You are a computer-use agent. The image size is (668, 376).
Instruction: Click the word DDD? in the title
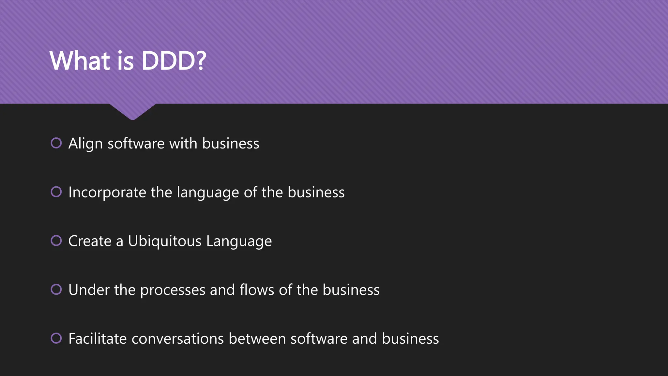click(174, 61)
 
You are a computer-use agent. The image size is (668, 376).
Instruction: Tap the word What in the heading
click(80, 61)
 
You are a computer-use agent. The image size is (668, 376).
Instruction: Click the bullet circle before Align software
click(56, 143)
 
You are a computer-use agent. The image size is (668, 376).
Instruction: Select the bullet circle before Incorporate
click(56, 192)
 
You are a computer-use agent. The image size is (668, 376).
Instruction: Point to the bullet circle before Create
click(56, 241)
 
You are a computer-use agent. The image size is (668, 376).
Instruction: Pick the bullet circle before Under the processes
click(56, 290)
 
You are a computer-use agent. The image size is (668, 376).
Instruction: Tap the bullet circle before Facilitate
click(56, 338)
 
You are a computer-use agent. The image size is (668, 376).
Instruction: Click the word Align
click(85, 144)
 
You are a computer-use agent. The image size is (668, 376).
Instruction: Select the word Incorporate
click(107, 192)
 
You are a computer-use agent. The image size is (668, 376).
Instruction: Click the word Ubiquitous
click(165, 241)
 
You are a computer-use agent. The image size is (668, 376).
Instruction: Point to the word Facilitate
click(98, 339)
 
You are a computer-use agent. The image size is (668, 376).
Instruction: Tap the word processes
click(173, 290)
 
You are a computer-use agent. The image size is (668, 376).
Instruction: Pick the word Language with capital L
click(239, 242)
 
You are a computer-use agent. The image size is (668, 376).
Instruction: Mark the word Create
click(90, 241)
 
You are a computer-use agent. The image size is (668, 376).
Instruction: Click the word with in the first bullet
click(183, 144)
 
